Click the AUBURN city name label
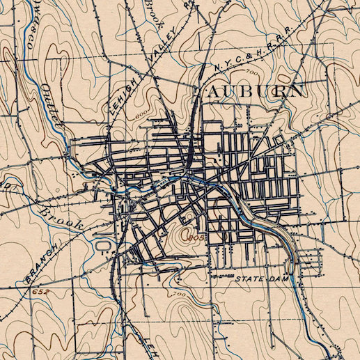coord(251,91)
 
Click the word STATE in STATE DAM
coord(249,279)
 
